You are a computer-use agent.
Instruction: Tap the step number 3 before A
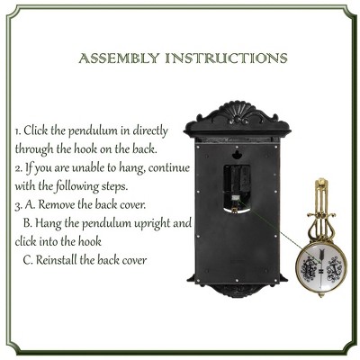[17, 203]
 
